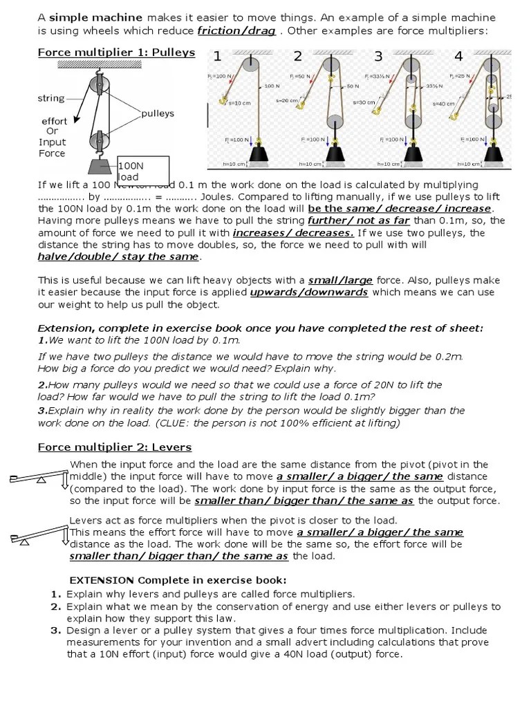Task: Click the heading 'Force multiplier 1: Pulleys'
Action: [116, 53]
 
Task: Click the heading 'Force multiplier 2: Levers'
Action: [114, 447]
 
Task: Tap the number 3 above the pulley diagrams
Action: [378, 57]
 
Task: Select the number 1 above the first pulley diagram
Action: [217, 57]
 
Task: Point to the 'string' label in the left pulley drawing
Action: [50, 98]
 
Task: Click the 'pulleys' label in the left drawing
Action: [158, 113]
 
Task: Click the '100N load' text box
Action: [142, 171]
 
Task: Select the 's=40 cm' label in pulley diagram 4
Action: [443, 104]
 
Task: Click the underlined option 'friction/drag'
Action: [236, 30]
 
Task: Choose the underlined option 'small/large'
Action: [340, 280]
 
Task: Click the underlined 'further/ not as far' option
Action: [350, 221]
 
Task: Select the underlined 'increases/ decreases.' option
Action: [293, 233]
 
